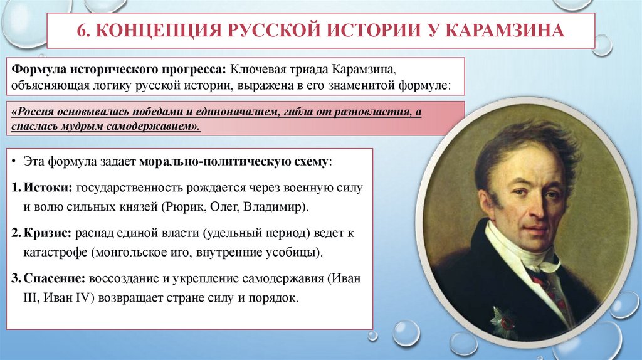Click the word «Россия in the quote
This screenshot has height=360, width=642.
tap(37, 112)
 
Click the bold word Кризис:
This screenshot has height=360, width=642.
tap(49, 234)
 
